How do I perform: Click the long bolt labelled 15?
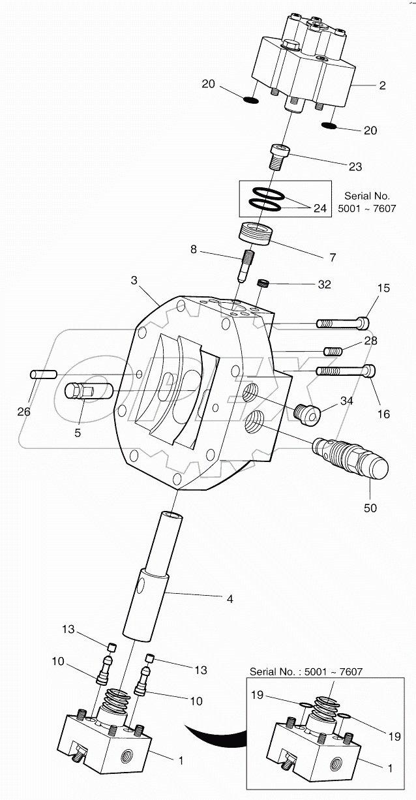coord(342,322)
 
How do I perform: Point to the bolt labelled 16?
coord(346,370)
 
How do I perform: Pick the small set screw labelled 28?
coord(333,352)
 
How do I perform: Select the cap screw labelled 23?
coord(279,155)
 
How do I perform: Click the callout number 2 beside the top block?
coord(382,85)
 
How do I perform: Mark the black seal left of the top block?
coord(250,100)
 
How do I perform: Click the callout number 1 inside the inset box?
coord(390,768)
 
